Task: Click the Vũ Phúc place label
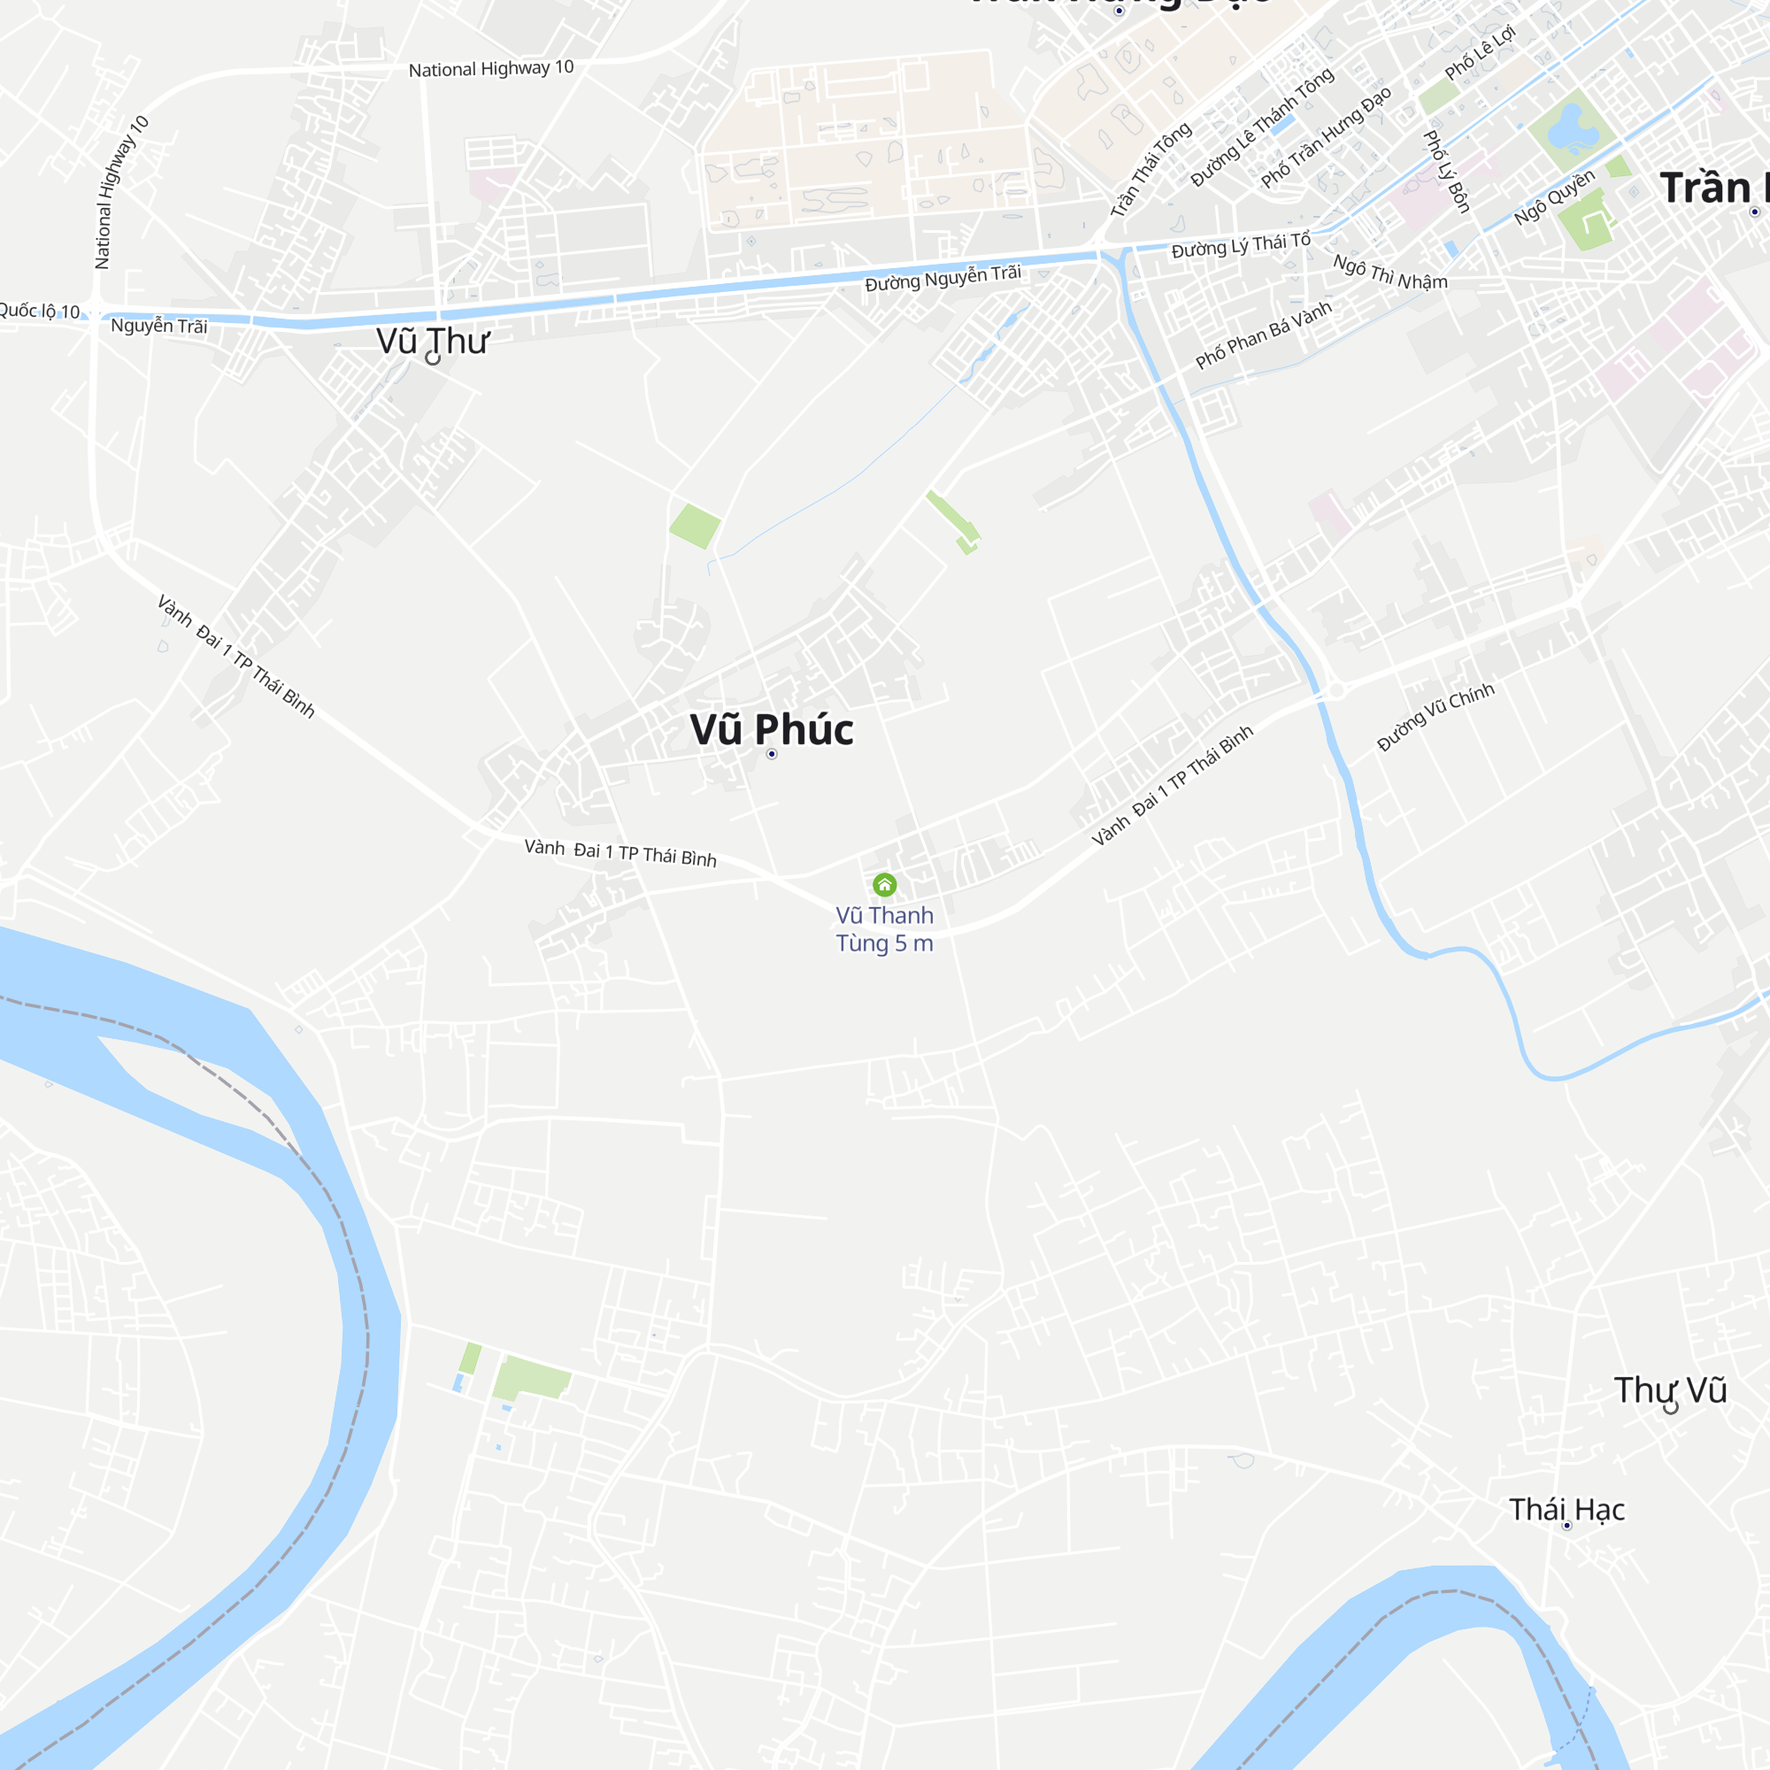click(x=772, y=729)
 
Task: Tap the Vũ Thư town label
click(x=433, y=341)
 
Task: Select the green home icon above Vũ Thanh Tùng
click(x=884, y=884)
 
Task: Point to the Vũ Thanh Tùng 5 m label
click(x=884, y=929)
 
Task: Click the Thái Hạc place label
click(x=1566, y=1509)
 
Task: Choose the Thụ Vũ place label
click(x=1670, y=1389)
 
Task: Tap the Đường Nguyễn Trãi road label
click(x=943, y=278)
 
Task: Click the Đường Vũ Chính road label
click(x=1435, y=717)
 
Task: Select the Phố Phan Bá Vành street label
click(x=1264, y=335)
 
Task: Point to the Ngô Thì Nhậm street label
click(x=1389, y=272)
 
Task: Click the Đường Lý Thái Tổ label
click(x=1241, y=245)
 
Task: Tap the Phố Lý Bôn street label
click(x=1446, y=172)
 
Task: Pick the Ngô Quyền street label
click(x=1554, y=197)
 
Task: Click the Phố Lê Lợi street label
click(x=1480, y=53)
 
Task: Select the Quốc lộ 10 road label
click(x=40, y=311)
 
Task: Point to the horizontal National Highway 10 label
click(x=491, y=69)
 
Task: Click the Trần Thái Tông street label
click(x=1150, y=171)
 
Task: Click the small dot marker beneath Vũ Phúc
click(x=772, y=754)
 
